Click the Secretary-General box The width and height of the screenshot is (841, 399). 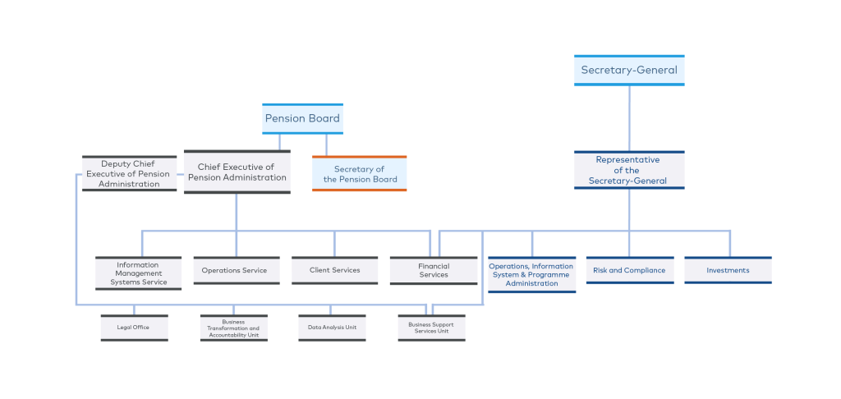tap(629, 70)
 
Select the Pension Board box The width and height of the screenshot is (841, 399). tap(302, 119)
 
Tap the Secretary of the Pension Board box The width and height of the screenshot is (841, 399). tap(360, 174)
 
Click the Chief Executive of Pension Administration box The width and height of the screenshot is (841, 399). tap(237, 172)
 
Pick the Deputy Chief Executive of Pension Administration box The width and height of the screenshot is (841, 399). tap(129, 174)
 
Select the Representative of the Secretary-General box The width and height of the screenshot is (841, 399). tap(629, 170)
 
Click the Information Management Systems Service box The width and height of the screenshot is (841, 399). tap(138, 273)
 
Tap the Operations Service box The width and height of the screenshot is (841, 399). tap(234, 270)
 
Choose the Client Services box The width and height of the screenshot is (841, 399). tap(334, 270)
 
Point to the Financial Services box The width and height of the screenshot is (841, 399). tap(434, 270)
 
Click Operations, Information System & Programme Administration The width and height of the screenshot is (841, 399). tap(531, 274)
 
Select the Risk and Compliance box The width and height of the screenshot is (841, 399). tap(629, 270)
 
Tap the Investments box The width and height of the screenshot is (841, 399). tap(728, 270)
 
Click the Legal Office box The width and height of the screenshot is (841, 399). tap(135, 328)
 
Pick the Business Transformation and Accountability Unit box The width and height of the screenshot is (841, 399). tap(234, 328)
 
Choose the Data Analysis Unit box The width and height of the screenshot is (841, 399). tap(332, 328)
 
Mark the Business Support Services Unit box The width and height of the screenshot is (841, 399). tap(431, 328)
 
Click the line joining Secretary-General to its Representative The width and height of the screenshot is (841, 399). tap(629, 118)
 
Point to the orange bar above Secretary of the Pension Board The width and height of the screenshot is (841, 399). tap(360, 156)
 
